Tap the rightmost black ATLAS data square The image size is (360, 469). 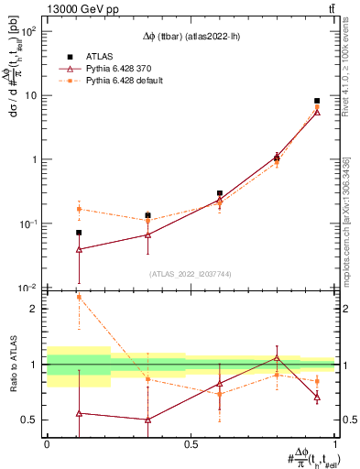point(317,101)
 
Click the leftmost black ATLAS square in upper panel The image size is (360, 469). point(79,233)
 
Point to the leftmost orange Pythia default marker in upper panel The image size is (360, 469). point(79,209)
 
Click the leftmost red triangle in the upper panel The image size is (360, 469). point(79,249)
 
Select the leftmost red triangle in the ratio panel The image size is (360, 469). point(79,413)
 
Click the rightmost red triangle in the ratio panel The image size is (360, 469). point(317,397)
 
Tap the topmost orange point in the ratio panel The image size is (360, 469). point(79,297)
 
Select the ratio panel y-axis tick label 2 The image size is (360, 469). point(33,309)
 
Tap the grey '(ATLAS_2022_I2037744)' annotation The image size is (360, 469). point(191,274)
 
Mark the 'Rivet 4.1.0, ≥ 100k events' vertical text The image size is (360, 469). point(347,78)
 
